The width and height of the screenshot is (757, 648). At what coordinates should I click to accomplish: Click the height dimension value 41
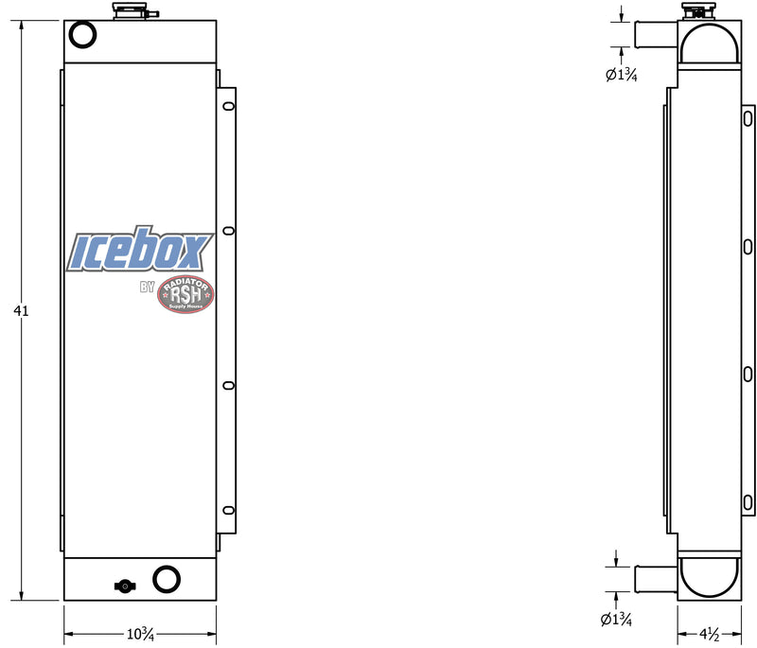21,309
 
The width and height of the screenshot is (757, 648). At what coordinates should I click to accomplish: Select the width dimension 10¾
140,633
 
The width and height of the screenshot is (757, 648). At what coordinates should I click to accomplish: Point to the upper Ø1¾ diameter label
621,76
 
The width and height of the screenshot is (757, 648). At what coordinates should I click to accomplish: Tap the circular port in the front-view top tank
83,36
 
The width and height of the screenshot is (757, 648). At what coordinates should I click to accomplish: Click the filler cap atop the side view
696,11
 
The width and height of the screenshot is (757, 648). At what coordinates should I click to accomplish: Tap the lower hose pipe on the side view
652,578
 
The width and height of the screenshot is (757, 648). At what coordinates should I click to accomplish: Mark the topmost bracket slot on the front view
227,107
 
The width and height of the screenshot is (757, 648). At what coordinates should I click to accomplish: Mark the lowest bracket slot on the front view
227,510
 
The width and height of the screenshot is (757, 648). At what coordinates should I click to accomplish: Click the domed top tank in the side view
708,45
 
